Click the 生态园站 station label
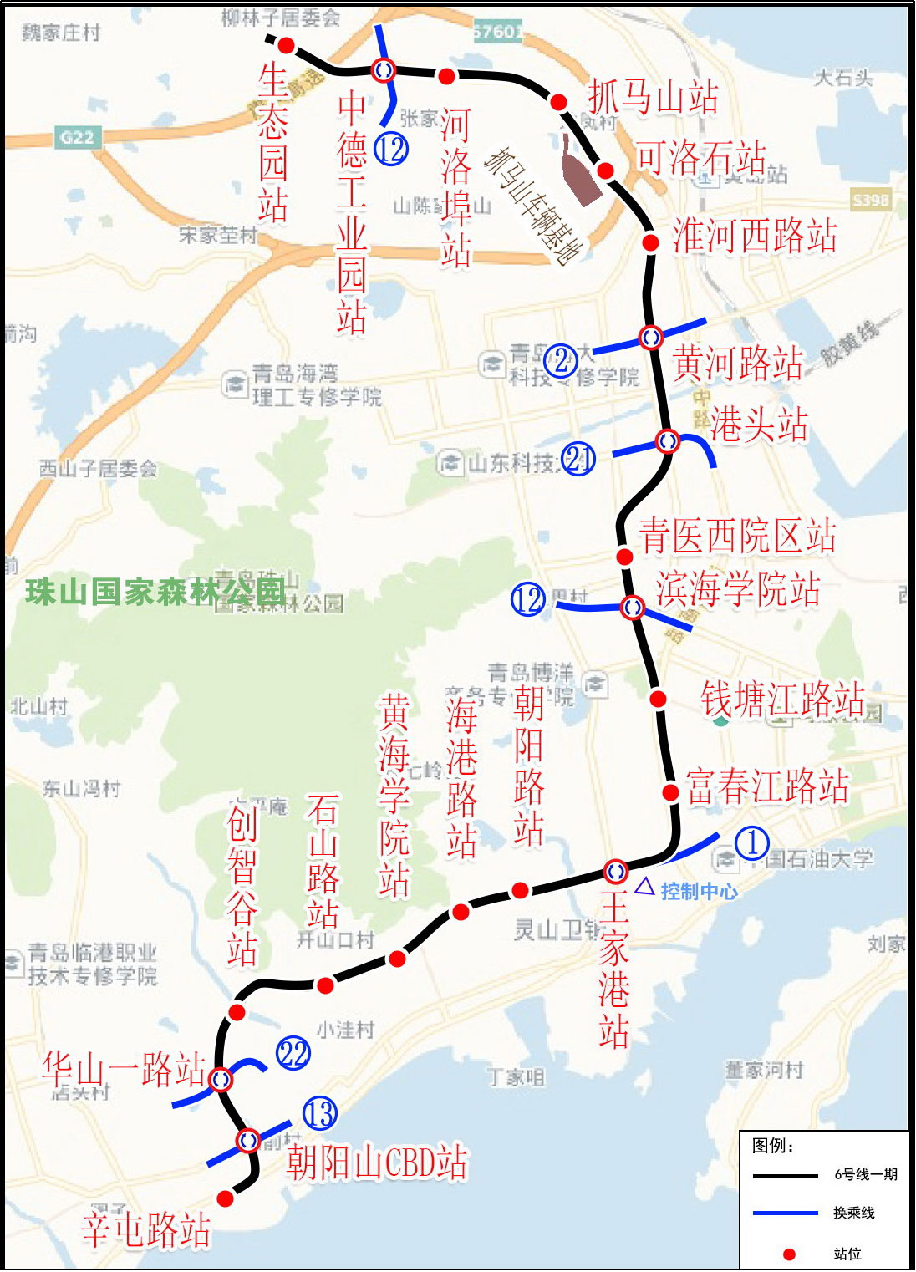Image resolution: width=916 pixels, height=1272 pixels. click(x=273, y=144)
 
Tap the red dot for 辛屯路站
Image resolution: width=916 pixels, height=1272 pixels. click(x=225, y=1199)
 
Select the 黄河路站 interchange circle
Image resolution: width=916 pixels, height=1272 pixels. click(x=651, y=337)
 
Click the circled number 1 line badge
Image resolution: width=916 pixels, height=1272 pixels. click(x=752, y=843)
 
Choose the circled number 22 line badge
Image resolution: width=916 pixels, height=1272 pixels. click(x=293, y=1053)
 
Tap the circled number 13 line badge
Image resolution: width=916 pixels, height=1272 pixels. click(x=319, y=1113)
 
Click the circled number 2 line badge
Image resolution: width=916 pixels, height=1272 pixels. click(x=560, y=360)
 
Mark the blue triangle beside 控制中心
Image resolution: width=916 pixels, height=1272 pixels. click(x=644, y=887)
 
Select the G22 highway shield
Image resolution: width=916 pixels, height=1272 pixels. click(x=77, y=137)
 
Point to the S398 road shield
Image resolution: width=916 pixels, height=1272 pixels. click(x=871, y=200)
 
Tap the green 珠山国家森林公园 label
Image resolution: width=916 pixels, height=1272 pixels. click(x=155, y=592)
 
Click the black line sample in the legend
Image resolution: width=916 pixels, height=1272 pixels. click(x=785, y=1176)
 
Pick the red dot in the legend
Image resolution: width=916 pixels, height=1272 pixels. click(x=788, y=1254)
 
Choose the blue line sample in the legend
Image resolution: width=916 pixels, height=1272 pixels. click(x=785, y=1213)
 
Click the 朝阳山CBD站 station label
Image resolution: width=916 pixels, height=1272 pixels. click(x=377, y=1162)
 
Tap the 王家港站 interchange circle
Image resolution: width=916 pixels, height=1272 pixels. click(x=616, y=872)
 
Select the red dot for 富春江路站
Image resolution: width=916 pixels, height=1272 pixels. click(x=670, y=791)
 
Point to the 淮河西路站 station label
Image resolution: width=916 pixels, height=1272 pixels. click(x=755, y=237)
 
